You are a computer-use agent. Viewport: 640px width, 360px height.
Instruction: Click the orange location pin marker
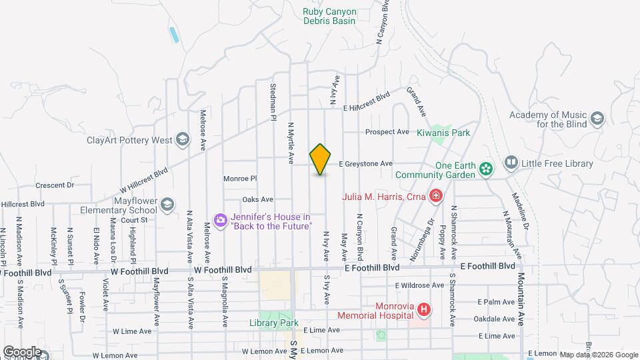point(321,159)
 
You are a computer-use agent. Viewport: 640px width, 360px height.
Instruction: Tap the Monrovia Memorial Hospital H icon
point(424,309)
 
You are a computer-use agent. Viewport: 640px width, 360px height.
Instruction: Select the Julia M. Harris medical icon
point(435,196)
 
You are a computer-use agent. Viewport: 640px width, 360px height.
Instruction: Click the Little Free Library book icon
point(511,163)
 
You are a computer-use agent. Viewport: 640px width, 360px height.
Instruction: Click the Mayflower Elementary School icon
point(168,205)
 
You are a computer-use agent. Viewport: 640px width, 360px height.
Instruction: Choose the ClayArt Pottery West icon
point(182,140)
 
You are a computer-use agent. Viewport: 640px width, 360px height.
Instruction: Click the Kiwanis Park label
point(443,133)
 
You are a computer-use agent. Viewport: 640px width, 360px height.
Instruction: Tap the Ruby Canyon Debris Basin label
point(329,16)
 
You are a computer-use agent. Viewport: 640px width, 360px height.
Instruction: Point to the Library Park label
point(273,323)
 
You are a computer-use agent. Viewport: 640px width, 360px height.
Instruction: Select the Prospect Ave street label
point(387,132)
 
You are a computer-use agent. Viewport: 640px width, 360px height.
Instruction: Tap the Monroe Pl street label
point(240,179)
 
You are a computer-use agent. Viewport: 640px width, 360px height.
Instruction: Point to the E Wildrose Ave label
point(419,285)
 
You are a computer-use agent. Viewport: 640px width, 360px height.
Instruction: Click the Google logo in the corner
point(22,351)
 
